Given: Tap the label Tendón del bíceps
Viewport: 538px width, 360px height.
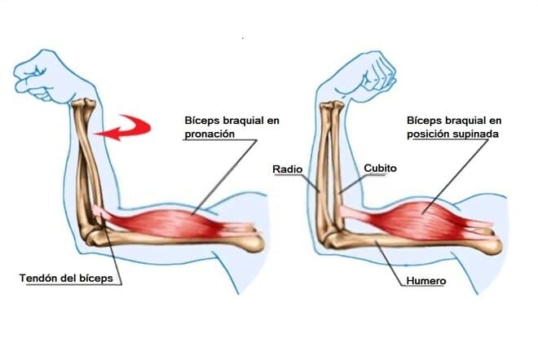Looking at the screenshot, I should click(x=70, y=279).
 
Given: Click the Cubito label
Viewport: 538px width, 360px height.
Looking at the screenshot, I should click(x=381, y=168).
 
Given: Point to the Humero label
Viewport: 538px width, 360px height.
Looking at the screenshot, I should click(x=425, y=282).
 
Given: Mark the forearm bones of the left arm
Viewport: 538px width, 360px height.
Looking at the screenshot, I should click(x=87, y=163).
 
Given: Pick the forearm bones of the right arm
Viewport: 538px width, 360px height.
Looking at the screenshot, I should click(x=328, y=163).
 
